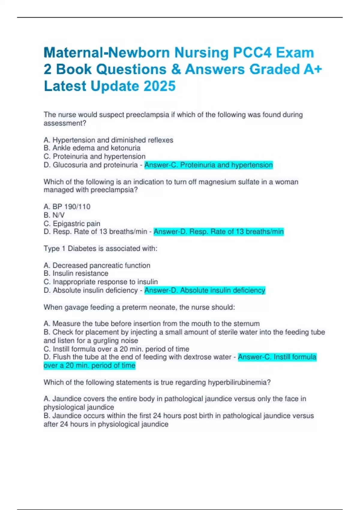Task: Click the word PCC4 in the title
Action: point(252,53)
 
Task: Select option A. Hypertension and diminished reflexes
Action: point(108,140)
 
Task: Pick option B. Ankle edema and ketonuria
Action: point(92,148)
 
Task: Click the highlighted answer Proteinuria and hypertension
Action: point(208,165)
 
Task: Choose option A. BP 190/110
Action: point(67,207)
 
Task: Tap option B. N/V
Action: point(54,215)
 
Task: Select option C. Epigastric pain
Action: point(72,223)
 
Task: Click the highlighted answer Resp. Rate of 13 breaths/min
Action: point(218,232)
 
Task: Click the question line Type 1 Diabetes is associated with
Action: point(100,248)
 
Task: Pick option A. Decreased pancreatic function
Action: point(97,265)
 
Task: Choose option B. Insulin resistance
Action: point(76,273)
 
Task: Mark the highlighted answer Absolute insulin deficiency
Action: point(205,290)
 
